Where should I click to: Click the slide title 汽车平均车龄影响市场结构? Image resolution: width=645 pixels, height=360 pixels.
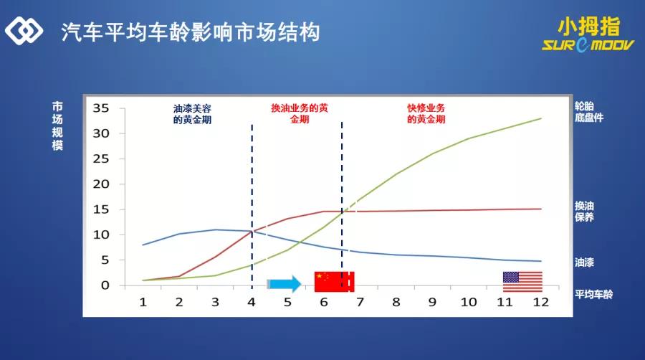click(190, 33)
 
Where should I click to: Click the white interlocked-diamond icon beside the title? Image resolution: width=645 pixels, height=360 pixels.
click(25, 31)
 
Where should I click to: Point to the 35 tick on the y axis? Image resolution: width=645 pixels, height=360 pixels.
click(100, 108)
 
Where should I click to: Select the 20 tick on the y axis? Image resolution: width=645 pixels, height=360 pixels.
click(100, 184)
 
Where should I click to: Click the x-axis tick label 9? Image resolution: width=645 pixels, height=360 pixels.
click(432, 302)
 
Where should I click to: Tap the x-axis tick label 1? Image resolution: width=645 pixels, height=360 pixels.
click(143, 302)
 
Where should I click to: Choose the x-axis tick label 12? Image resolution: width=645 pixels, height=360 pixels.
click(540, 302)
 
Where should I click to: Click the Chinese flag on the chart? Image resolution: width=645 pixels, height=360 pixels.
click(334, 282)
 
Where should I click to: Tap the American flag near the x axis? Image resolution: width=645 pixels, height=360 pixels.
click(522, 281)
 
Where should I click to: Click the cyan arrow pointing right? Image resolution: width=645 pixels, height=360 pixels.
click(285, 284)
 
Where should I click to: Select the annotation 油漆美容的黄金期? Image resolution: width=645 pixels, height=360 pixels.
click(192, 114)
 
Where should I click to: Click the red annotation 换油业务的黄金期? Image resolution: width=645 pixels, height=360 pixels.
click(300, 114)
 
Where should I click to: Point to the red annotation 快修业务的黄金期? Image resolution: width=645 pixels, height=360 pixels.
click(426, 114)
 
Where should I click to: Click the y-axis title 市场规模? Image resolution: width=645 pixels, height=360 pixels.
click(57, 125)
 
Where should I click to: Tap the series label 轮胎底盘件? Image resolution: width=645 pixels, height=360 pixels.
click(589, 111)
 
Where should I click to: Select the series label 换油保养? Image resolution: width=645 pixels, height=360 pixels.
click(584, 211)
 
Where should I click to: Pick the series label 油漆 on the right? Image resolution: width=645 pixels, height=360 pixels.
click(584, 262)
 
